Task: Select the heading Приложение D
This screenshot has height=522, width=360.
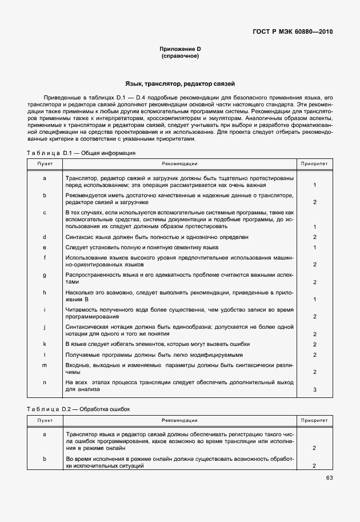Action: point(180,50)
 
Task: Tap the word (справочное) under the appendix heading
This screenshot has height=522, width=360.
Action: point(180,57)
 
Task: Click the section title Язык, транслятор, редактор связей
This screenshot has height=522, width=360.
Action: point(180,84)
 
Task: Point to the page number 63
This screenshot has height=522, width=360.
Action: point(329,478)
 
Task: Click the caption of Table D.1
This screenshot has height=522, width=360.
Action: point(81,153)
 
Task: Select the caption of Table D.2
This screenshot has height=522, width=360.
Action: point(79,409)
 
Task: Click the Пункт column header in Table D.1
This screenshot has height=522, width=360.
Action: point(45,164)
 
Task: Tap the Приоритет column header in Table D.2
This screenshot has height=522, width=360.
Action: point(315,420)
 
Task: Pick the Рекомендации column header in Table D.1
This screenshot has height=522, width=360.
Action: point(179,164)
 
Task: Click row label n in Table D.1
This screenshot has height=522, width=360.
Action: point(45,382)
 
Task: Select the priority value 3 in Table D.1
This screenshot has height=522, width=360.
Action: point(315,389)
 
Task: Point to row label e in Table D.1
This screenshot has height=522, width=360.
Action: point(45,247)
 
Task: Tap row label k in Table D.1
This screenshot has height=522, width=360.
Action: point(45,344)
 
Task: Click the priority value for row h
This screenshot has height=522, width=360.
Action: point(315,299)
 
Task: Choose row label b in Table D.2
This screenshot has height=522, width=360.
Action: point(45,459)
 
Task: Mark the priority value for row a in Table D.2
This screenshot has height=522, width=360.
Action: point(315,448)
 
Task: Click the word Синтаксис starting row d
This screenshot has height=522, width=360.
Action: point(79,237)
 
